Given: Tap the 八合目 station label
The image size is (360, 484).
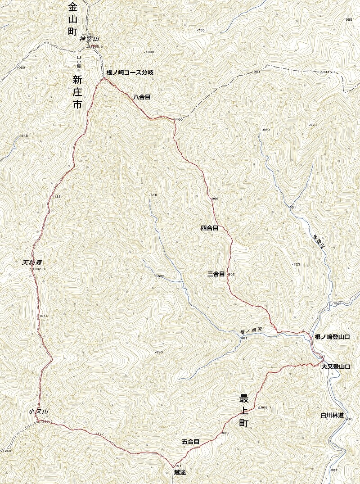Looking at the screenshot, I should (x=141, y=96).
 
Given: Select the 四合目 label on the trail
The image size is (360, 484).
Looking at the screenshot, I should (x=209, y=228).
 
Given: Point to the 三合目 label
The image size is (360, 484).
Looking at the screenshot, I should (x=216, y=274).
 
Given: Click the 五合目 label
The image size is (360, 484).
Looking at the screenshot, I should (x=191, y=442).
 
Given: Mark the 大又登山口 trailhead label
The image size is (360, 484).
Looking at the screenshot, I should (x=335, y=367).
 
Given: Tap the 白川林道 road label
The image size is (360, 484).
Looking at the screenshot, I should (x=332, y=415).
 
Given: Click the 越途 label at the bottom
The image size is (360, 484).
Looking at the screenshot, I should (x=180, y=472).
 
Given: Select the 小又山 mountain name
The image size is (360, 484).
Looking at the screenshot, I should (x=38, y=412).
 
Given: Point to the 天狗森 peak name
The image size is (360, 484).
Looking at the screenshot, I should (x=31, y=262).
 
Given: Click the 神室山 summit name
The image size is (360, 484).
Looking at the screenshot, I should (x=89, y=39).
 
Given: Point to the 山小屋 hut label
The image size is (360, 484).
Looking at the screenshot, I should (x=79, y=61).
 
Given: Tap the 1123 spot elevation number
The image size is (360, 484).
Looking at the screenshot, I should (x=56, y=197).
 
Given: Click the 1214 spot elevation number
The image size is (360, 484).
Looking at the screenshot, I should (x=43, y=316).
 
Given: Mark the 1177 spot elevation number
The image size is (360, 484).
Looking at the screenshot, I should (x=99, y=434).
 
